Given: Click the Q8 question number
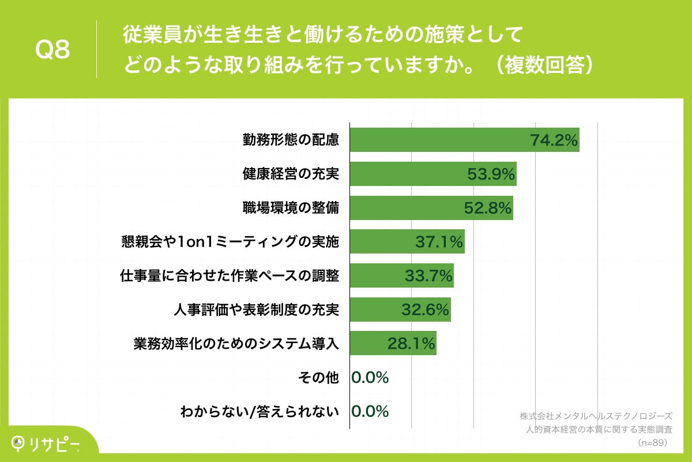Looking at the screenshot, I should (x=52, y=51).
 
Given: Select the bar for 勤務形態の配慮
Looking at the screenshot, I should (x=438, y=140).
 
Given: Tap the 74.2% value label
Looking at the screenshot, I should (x=554, y=141).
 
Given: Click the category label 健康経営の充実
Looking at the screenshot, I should (x=290, y=174).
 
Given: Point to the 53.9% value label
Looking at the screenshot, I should (x=491, y=175).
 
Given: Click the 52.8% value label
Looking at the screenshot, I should (x=488, y=208).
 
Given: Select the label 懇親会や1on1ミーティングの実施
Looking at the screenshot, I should (x=230, y=242).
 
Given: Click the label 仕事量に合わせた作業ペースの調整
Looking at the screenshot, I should (x=229, y=276).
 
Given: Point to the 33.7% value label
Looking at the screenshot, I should (x=428, y=277).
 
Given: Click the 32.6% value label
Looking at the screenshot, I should (x=425, y=311).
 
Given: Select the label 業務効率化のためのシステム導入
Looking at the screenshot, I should (x=236, y=344).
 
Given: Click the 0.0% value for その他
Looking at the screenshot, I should (x=370, y=378).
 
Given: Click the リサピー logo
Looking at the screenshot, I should (x=46, y=442).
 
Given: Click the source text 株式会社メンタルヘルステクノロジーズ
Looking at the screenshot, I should (x=596, y=416).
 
